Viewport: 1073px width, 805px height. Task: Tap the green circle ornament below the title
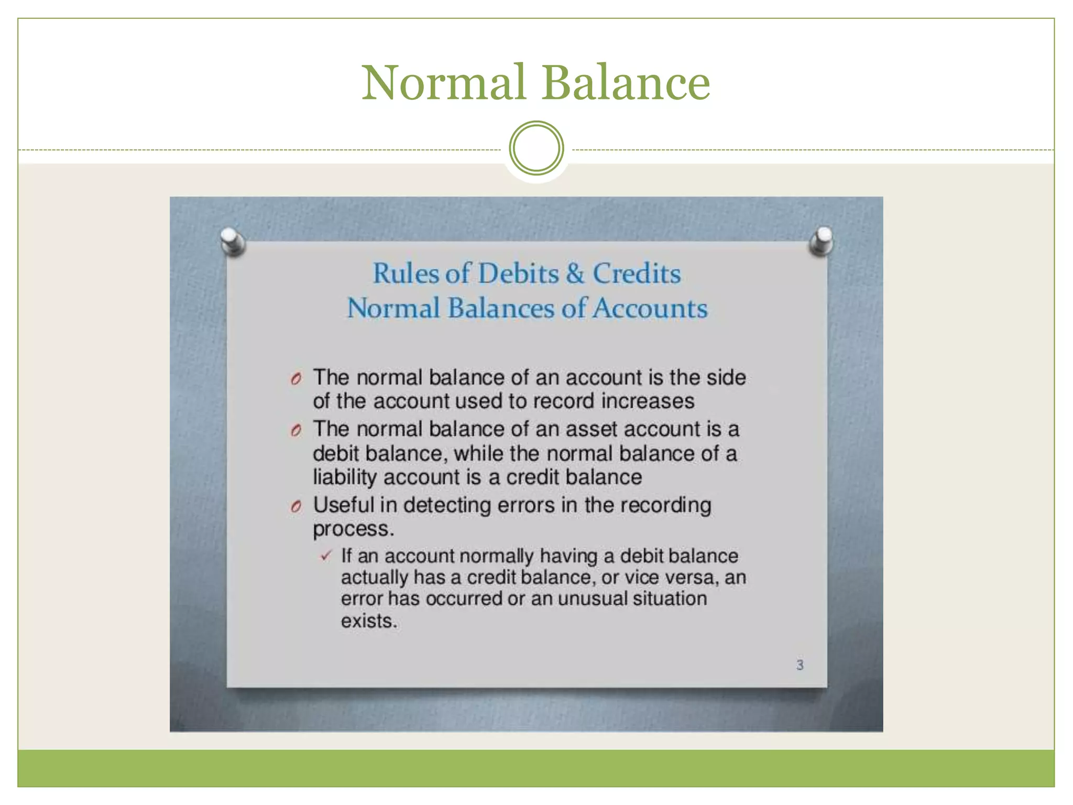pos(536,148)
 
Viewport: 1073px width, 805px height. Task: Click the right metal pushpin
pos(822,241)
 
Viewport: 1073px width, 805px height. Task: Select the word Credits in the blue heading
pos(636,274)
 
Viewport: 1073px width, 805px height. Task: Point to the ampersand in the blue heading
pos(575,274)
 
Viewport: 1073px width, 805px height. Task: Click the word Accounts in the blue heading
pos(650,308)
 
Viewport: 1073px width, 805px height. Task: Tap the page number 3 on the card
pos(800,665)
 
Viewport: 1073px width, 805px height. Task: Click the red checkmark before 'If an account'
pos(326,556)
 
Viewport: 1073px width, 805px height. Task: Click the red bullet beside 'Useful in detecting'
pos(296,506)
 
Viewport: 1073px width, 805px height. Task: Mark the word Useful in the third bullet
pos(344,505)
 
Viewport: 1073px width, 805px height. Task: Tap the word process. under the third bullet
pos(353,529)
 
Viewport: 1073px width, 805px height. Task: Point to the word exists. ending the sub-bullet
pos(369,621)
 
